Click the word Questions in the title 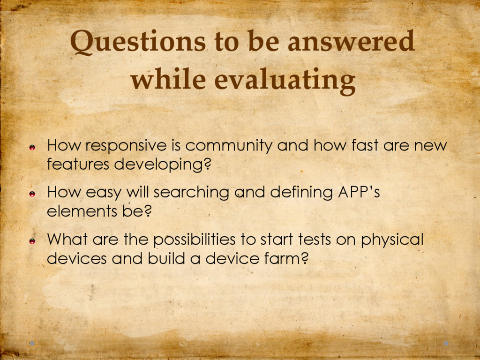pos(138,42)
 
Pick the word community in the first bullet pos(229,146)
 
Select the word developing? pos(163,165)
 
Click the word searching pos(191,193)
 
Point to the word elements pos(82,211)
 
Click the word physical pos(392,240)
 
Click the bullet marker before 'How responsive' pos(32,148)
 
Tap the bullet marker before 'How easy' pos(32,194)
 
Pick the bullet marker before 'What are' pos(32,241)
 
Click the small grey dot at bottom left pos(32,344)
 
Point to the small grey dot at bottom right pos(446,344)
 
